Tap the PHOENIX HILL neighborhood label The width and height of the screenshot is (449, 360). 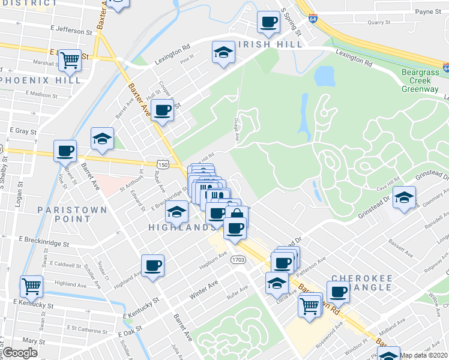pos(41,80)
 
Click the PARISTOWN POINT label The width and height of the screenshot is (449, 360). pos(72,214)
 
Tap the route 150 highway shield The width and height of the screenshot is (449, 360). pos(163,163)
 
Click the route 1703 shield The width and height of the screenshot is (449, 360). pos(238,259)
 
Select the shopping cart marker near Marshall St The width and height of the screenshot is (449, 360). pos(70,59)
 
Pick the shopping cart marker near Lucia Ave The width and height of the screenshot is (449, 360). pos(309,305)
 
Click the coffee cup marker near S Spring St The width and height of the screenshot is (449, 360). pos(268,23)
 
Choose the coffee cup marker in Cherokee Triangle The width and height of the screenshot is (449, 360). pos(339,292)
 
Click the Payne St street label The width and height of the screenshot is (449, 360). pos(428,11)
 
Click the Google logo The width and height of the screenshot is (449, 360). pos(20,353)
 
